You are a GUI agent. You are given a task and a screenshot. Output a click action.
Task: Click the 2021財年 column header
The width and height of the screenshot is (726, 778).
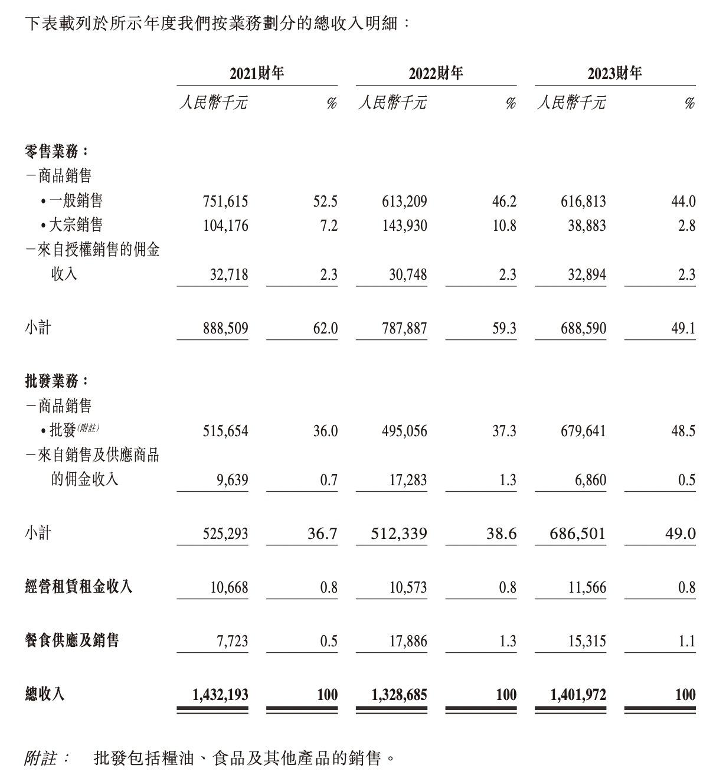click(257, 74)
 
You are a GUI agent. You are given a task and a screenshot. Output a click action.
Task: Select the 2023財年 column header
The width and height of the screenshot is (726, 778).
click(614, 74)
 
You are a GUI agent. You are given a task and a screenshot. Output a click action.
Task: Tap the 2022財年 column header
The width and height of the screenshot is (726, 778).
click(436, 74)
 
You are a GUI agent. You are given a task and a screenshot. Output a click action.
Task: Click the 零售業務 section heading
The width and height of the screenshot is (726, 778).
click(57, 151)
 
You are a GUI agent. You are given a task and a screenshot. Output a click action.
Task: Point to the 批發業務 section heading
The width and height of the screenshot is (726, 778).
click(57, 381)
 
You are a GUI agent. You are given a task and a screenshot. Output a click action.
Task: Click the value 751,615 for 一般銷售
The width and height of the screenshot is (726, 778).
click(225, 202)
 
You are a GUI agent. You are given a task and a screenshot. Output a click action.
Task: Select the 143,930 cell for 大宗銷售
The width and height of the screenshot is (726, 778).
click(404, 226)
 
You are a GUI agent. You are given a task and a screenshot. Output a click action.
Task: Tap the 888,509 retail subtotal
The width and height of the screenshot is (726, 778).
click(225, 329)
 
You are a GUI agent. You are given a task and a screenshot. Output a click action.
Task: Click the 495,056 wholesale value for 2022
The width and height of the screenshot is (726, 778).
click(404, 432)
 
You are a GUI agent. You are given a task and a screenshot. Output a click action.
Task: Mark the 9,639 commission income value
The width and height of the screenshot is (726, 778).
click(233, 480)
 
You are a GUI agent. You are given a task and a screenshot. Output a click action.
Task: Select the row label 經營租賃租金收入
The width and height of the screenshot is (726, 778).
click(79, 587)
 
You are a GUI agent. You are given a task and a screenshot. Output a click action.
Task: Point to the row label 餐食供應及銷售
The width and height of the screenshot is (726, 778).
click(72, 640)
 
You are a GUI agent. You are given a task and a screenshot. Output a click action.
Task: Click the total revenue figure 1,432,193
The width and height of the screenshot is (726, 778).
click(220, 695)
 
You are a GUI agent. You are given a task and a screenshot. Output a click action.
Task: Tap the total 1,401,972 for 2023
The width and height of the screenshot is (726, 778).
click(578, 695)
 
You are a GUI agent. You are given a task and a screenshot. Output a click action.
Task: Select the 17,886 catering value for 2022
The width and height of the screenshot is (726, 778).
click(408, 641)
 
